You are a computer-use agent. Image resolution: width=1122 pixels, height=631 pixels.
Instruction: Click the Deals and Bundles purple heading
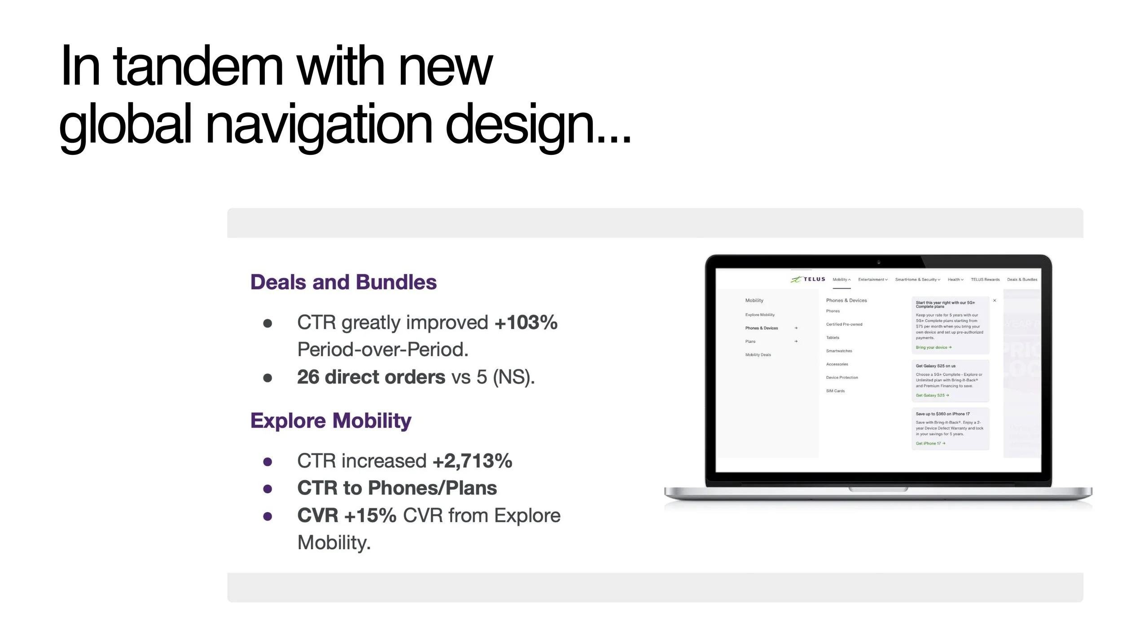[x=343, y=282]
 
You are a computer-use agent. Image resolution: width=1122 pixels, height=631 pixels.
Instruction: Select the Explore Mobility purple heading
[x=331, y=421]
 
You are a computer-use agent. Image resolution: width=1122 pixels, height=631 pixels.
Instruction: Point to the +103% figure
[x=526, y=322]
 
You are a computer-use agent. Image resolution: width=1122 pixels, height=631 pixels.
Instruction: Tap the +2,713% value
[x=472, y=461]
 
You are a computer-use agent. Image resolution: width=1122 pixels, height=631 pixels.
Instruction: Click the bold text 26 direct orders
[x=371, y=377]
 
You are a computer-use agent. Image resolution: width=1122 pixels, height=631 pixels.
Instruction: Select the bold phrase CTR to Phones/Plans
[x=397, y=488]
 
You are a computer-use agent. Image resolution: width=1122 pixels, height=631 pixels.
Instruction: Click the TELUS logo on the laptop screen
[x=808, y=279]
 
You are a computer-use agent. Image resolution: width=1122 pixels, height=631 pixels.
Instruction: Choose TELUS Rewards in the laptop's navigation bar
[x=985, y=280]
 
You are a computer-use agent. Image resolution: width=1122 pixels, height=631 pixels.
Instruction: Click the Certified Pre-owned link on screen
[x=844, y=324]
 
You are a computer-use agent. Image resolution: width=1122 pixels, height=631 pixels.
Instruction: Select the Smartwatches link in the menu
[x=839, y=351]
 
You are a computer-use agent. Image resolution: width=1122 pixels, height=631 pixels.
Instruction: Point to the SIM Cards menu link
[x=835, y=391]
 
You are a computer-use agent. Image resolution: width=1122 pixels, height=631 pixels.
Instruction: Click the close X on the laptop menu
[x=995, y=300]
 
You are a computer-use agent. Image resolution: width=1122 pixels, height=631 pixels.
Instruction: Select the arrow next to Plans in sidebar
[x=796, y=342]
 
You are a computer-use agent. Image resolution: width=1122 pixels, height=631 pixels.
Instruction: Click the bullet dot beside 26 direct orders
[x=267, y=378]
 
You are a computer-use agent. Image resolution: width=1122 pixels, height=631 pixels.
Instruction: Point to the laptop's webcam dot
[x=879, y=262]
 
